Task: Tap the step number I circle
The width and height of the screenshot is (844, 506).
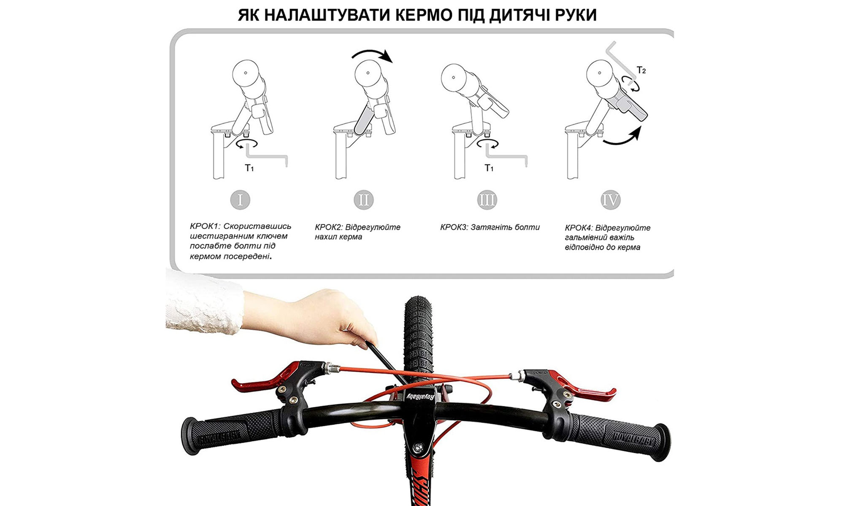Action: pyautogui.click(x=240, y=200)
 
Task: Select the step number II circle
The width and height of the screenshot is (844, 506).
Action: pyautogui.click(x=364, y=200)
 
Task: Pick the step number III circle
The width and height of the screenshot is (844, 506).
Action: pyautogui.click(x=487, y=200)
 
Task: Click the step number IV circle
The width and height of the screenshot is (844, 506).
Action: pyautogui.click(x=610, y=200)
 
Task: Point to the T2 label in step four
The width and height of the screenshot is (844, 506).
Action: pyautogui.click(x=641, y=70)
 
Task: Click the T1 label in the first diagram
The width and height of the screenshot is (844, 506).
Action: pyautogui.click(x=249, y=168)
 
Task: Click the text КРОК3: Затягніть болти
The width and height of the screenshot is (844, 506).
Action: pyautogui.click(x=490, y=227)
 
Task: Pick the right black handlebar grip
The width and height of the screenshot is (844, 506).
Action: pyautogui.click(x=620, y=436)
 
